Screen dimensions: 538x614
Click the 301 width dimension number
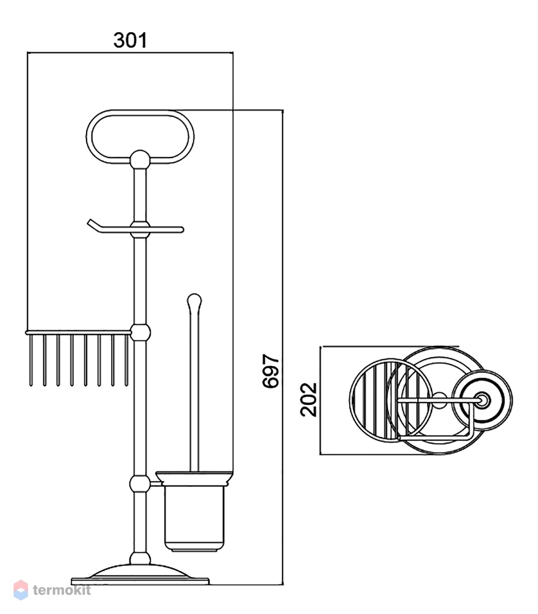130,40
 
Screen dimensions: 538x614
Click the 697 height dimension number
271,371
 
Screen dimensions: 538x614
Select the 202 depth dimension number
308,399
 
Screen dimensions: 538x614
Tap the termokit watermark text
62,590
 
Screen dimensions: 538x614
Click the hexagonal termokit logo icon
21,590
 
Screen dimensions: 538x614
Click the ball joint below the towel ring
140,159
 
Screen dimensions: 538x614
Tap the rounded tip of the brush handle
194,301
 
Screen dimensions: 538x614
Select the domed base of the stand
140,570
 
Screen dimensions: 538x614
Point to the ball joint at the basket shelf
140,333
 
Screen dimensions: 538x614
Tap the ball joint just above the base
140,558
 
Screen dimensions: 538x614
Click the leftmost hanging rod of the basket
31,360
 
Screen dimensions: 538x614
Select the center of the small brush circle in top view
483,400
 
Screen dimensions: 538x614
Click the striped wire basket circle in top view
350,400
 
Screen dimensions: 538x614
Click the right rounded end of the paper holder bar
181,230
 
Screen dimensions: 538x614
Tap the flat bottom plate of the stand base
140,582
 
